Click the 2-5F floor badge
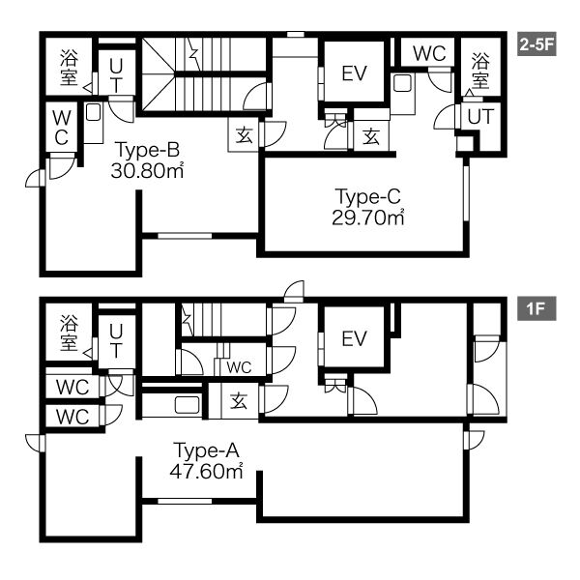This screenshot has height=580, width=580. (x=536, y=44)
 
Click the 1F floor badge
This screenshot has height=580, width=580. (x=536, y=308)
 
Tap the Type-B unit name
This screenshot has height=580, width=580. (x=148, y=150)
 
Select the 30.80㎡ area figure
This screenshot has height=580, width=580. (x=147, y=170)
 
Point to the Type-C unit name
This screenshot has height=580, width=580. (x=367, y=196)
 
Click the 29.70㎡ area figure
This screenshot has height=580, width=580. (x=367, y=217)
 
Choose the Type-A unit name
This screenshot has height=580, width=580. (x=207, y=450)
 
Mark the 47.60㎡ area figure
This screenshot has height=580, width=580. (x=207, y=472)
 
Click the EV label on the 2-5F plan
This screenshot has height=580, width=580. (x=354, y=73)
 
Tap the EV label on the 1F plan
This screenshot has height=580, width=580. (x=354, y=338)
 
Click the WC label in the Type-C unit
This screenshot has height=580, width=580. (x=429, y=54)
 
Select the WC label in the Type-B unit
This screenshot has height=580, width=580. (x=62, y=128)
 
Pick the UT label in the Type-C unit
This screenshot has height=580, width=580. (x=480, y=117)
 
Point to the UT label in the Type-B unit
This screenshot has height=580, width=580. (x=116, y=76)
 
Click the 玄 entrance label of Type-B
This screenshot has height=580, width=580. (x=245, y=134)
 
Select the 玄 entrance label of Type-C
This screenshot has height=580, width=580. (x=371, y=136)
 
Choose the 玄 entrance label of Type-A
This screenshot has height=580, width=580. (x=239, y=400)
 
